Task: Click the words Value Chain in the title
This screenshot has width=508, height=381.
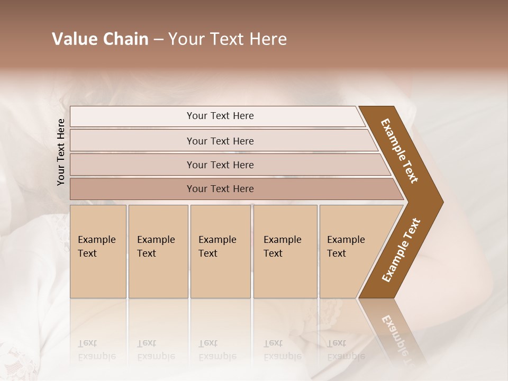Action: click(x=100, y=39)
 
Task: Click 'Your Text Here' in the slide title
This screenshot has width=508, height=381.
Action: click(x=228, y=39)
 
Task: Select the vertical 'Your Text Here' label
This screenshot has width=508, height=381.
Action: click(x=61, y=152)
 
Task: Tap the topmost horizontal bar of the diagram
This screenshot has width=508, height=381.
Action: click(x=220, y=116)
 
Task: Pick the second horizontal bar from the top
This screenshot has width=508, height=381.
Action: click(x=220, y=141)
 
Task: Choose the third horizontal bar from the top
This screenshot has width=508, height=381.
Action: click(x=220, y=165)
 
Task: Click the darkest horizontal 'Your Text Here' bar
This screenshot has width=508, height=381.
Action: click(x=220, y=189)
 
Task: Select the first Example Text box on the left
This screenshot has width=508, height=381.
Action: click(x=98, y=251)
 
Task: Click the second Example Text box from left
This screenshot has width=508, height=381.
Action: click(x=158, y=251)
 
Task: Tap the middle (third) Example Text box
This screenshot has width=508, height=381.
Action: click(x=220, y=251)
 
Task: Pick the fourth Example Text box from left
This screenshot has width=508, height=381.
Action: click(x=285, y=251)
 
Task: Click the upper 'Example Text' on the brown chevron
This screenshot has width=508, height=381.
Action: click(x=400, y=151)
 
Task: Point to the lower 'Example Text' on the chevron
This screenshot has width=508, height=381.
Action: click(x=401, y=250)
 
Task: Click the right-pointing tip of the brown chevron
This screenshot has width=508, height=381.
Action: click(x=439, y=202)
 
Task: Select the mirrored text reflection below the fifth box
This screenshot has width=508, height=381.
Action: click(x=346, y=349)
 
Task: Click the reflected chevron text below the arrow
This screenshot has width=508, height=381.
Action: click(x=400, y=339)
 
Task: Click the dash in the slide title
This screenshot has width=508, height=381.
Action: click(x=158, y=40)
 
